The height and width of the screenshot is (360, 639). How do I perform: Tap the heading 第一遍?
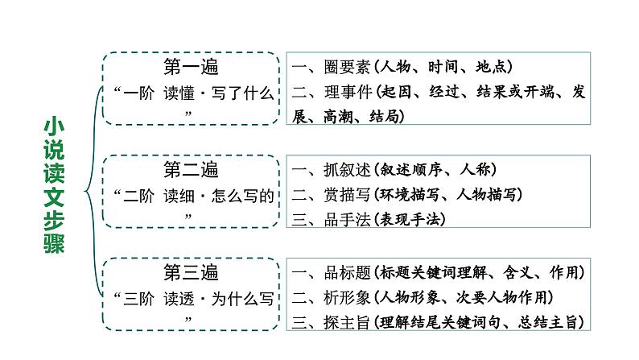pos(190,66)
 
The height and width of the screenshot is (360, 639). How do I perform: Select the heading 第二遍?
pos(190,170)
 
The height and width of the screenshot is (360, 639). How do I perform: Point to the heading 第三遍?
pos(190,273)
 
